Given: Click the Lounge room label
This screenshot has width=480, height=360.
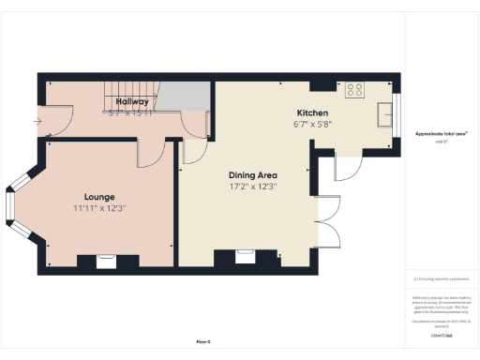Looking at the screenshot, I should click(98, 196).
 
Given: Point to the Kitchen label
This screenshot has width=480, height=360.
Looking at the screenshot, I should click(311, 112).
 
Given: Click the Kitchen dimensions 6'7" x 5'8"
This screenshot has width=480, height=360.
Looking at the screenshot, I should click(311, 124).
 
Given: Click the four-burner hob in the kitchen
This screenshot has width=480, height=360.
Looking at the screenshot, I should click(355, 90).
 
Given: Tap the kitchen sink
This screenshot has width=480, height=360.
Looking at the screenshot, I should click(385, 113).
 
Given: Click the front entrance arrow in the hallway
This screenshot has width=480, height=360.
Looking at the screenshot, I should click(38, 120).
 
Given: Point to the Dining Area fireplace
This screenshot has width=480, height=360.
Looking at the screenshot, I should click(246, 256).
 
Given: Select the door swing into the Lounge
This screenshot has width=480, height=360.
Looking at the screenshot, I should click(150, 154).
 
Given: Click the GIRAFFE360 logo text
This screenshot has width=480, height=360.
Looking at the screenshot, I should click(442, 335).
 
